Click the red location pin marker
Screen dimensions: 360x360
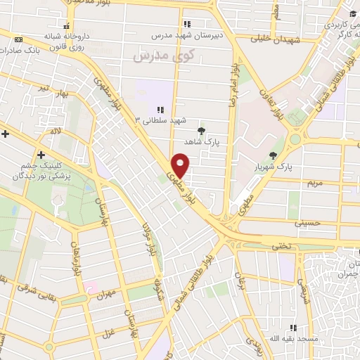click(181, 165)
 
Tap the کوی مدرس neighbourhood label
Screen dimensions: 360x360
click(153, 53)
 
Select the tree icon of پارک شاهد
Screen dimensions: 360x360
click(202, 131)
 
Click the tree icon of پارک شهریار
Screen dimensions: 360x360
click(273, 155)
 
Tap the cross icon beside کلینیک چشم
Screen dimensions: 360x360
click(41, 155)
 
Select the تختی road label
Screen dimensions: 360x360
click(281, 245)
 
